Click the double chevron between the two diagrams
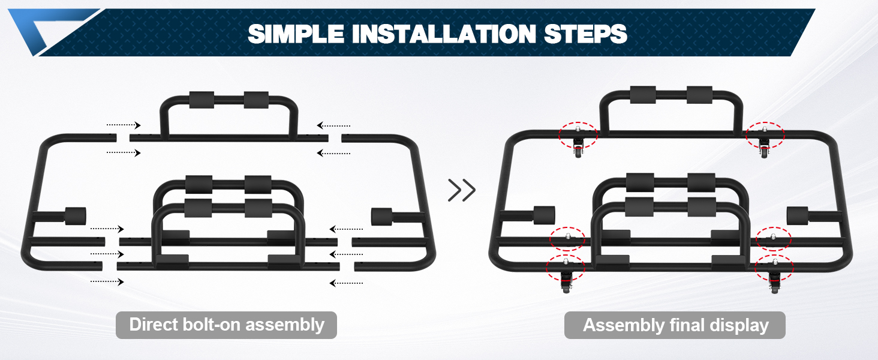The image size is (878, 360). pos(462,190)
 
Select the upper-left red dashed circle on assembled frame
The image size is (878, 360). pos(578,135)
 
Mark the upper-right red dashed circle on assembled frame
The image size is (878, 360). pos(765,135)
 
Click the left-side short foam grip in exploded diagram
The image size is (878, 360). pos(75,215)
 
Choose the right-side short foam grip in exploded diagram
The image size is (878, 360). pos(382,215)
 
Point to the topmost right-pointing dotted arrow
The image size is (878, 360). pos(124,125)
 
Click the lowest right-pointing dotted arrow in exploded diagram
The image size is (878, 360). pos(107,281)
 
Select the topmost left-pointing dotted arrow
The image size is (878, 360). pos(333,125)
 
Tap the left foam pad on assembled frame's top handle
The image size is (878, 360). pos(641,95)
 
